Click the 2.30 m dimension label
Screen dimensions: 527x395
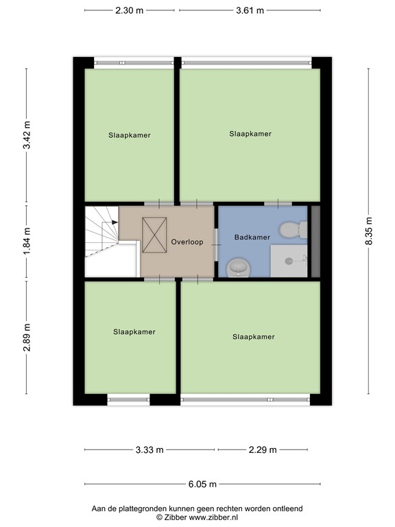[x=129, y=11]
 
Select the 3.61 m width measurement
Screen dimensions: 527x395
[x=250, y=11]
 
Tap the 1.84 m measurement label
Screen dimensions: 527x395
[x=27, y=242]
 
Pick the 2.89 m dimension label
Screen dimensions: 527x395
[x=27, y=338]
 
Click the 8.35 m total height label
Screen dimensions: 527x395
[x=368, y=232]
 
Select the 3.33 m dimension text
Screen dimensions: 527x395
[x=149, y=450]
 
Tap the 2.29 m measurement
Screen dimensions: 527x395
[x=263, y=450]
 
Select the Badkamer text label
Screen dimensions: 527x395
[x=252, y=237]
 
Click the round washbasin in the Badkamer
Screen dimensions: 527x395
[x=237, y=267]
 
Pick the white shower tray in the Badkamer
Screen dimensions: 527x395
[x=289, y=261]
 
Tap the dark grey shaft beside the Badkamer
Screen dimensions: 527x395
[x=315, y=241]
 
